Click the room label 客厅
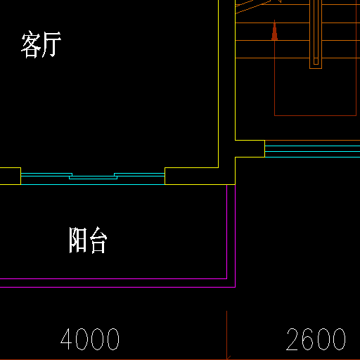coord(41,44)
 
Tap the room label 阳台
coord(88,240)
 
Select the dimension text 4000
coord(90,339)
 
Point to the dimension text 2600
coord(316,339)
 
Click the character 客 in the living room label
coord(31,44)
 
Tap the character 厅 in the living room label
coord(51,44)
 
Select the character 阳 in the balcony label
coord(78,240)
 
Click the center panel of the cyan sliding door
coord(93,177)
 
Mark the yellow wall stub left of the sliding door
coord(11,176)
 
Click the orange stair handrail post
coord(316,34)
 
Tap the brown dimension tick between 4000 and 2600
coord(227,335)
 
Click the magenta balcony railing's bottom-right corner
coord(235,287)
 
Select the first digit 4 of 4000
coord(66,339)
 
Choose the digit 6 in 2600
coord(309,339)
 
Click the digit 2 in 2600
coord(292,339)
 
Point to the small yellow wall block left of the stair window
coord(250,148)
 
